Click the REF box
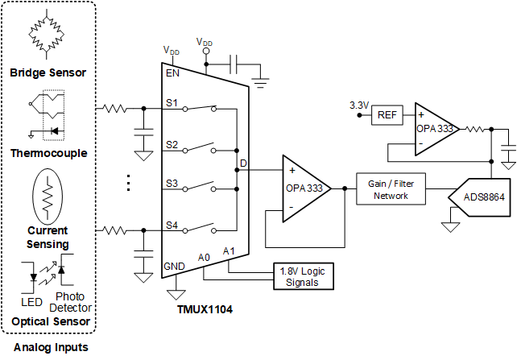click(x=387, y=115)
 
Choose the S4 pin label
click(x=172, y=225)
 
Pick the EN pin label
click(x=172, y=72)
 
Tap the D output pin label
click(x=243, y=166)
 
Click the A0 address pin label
click(x=205, y=257)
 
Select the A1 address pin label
click(x=230, y=251)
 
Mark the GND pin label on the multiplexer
click(x=175, y=266)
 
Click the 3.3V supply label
click(x=358, y=106)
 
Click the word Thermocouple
click(x=48, y=152)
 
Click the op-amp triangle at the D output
click(x=303, y=188)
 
